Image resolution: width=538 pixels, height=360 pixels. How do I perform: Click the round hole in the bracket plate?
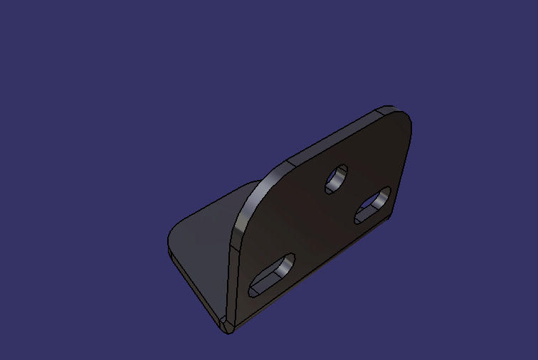[x=336, y=179]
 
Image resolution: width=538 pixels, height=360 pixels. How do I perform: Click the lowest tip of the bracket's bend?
[x=226, y=328]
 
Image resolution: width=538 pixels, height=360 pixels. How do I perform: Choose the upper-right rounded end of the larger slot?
[x=288, y=260]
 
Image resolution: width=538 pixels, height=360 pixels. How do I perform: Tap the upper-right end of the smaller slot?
[x=384, y=194]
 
